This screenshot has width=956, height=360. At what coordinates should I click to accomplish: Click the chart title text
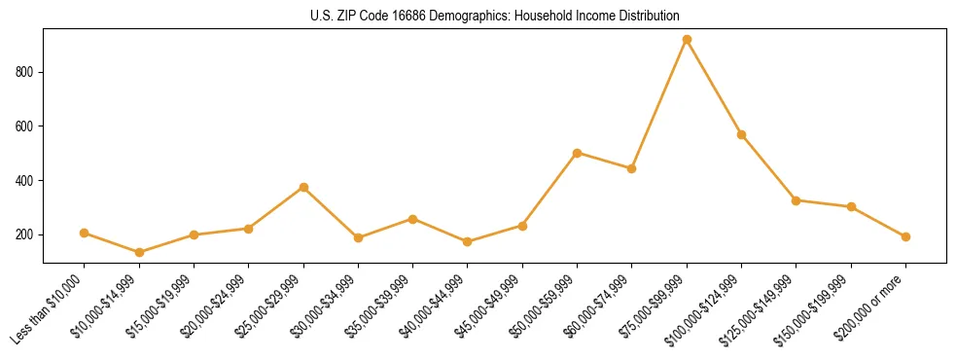click(x=495, y=16)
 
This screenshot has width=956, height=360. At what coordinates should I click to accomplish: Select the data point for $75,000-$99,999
click(x=687, y=40)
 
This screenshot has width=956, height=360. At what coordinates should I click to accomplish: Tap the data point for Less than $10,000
click(x=85, y=234)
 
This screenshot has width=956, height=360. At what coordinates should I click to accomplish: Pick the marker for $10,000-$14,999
click(x=139, y=253)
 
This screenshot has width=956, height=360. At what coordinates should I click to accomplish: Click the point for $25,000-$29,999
click(x=303, y=187)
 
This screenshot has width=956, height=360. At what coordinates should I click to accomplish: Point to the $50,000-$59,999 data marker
click(x=578, y=153)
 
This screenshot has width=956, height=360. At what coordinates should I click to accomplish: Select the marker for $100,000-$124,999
click(x=742, y=134)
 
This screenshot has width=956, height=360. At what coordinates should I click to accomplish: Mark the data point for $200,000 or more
click(x=905, y=236)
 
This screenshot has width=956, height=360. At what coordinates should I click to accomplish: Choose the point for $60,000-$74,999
click(x=632, y=168)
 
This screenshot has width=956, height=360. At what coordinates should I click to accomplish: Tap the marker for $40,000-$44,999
click(x=468, y=241)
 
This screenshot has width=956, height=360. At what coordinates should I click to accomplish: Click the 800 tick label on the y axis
click(x=25, y=72)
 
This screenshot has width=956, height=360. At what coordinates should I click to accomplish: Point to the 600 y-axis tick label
click(x=25, y=126)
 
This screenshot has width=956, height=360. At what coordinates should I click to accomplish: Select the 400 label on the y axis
click(x=25, y=181)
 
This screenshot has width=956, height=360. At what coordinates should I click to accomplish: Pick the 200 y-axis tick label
click(x=25, y=235)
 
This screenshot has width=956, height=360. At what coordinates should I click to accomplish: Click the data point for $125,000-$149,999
click(x=797, y=200)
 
